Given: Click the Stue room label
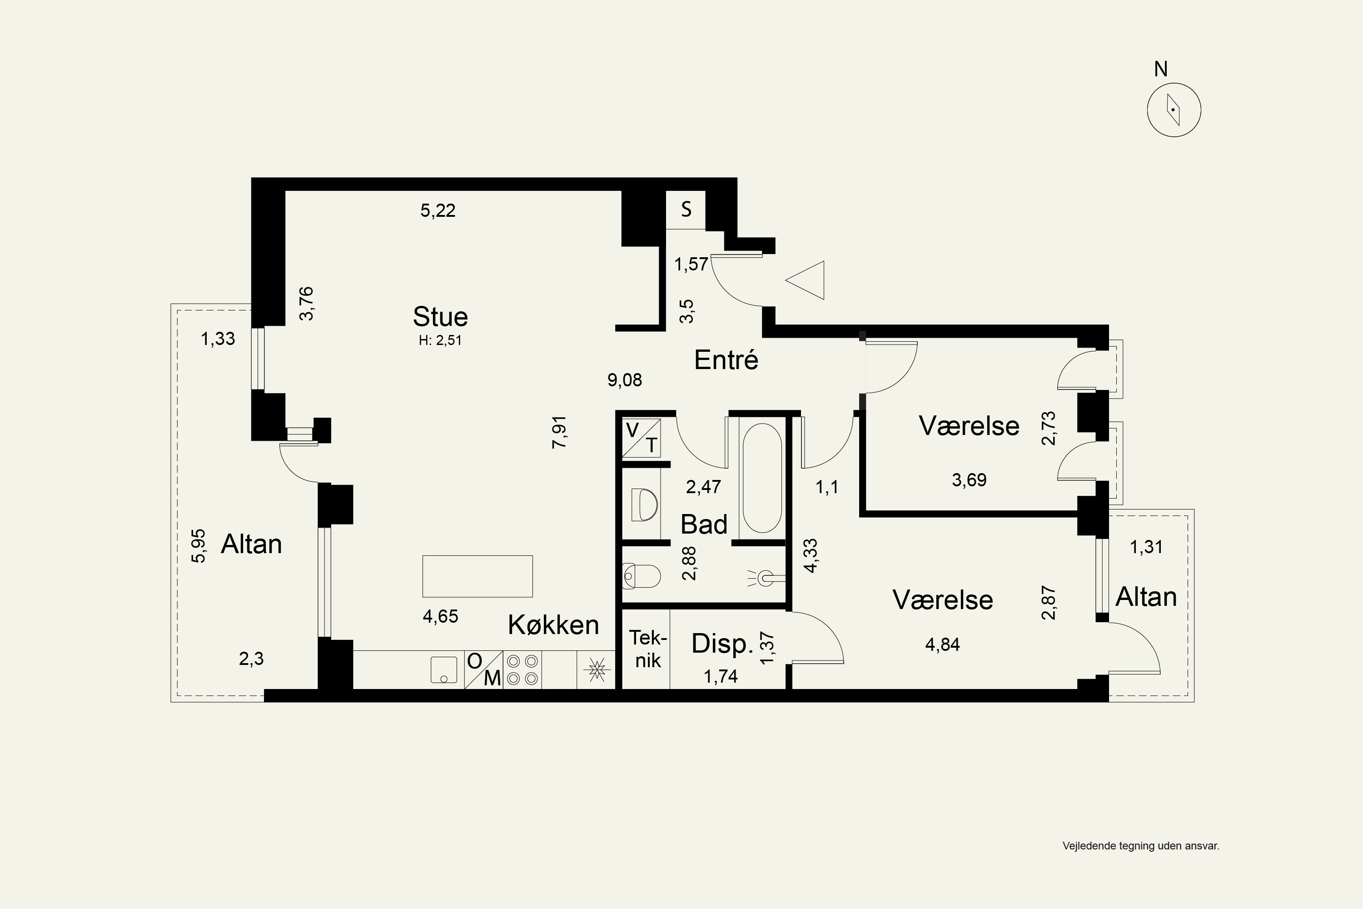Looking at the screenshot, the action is (x=440, y=316).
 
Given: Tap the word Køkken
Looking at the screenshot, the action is (x=553, y=625).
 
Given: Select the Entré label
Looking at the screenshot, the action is (x=726, y=360).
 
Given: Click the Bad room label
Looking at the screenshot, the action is (x=703, y=524).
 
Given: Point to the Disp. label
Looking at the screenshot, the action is (x=722, y=644).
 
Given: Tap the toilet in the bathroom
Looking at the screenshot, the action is (x=642, y=577).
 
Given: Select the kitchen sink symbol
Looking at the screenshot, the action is (x=444, y=669).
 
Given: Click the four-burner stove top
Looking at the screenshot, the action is (x=522, y=669).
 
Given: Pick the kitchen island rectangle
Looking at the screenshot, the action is (x=478, y=576).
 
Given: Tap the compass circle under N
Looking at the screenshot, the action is (x=1174, y=110).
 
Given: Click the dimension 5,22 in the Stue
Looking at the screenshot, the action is (x=438, y=210).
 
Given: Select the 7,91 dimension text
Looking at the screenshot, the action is (x=559, y=432).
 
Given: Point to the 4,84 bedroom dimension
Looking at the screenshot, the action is (x=942, y=644).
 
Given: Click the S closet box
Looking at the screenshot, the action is (x=686, y=210).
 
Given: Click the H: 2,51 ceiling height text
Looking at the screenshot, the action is (x=440, y=340).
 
